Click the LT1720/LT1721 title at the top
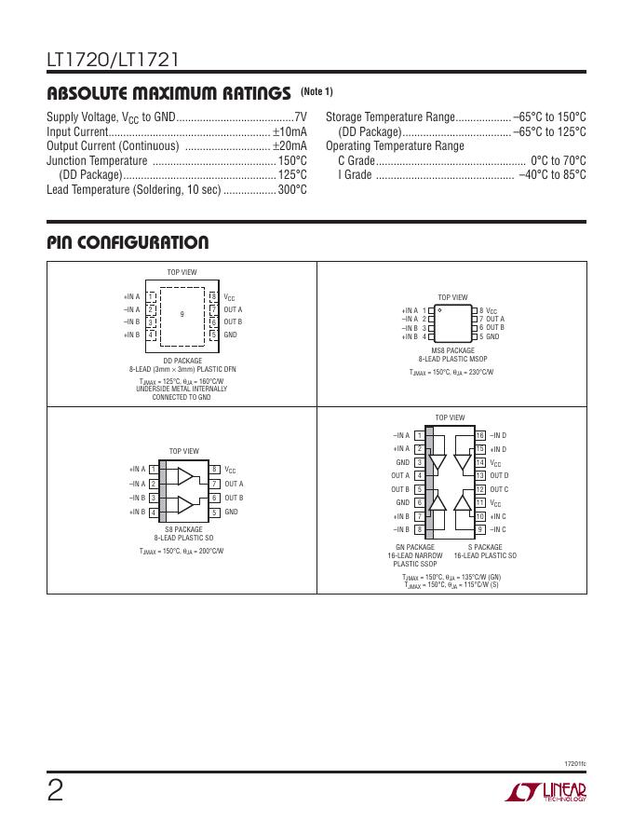[x=113, y=61]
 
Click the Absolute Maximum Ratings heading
[x=168, y=93]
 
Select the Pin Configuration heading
[x=128, y=243]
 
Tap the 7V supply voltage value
[x=300, y=117]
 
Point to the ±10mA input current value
[x=290, y=131]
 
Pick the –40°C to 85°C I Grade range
[x=552, y=174]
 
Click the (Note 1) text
[x=316, y=91]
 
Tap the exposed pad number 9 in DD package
[x=182, y=314]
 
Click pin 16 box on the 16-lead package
[x=480, y=435]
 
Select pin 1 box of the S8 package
[x=152, y=470]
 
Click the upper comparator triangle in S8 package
[x=185, y=477]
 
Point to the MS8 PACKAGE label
[x=453, y=350]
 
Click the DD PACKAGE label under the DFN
[x=182, y=361]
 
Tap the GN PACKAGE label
[x=415, y=547]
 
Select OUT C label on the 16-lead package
[x=500, y=489]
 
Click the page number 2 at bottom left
[x=56, y=791]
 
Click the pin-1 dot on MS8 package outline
[x=438, y=309]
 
